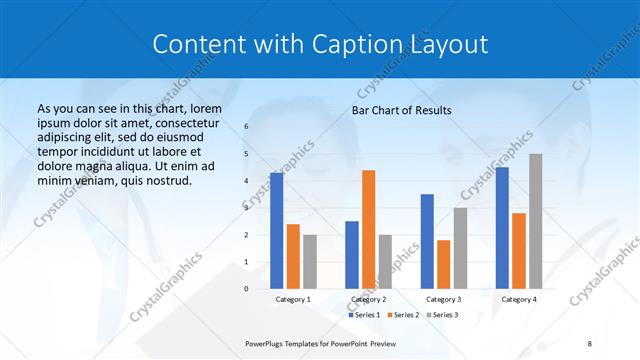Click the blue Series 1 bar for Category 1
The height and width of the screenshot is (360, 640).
pos(277,230)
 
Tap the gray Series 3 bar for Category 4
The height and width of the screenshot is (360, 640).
pos(535,221)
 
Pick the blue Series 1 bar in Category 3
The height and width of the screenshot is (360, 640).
pos(427,241)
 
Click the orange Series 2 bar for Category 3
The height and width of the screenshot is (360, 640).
pos(443,264)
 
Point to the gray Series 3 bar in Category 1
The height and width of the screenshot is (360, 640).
pos(309,261)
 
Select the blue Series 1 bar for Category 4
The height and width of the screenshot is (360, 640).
pos(502,227)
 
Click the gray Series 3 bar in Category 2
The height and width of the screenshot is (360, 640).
pos(385,261)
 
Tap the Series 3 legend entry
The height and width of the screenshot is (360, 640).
pos(441,315)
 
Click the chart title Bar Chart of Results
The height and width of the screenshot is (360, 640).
pos(401,110)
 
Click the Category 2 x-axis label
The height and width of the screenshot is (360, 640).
pos(368,299)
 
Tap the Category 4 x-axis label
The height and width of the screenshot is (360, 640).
pos(518,299)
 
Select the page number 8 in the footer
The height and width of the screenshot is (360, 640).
pos(589,343)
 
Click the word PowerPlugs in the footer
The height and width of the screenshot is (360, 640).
pos(268,343)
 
